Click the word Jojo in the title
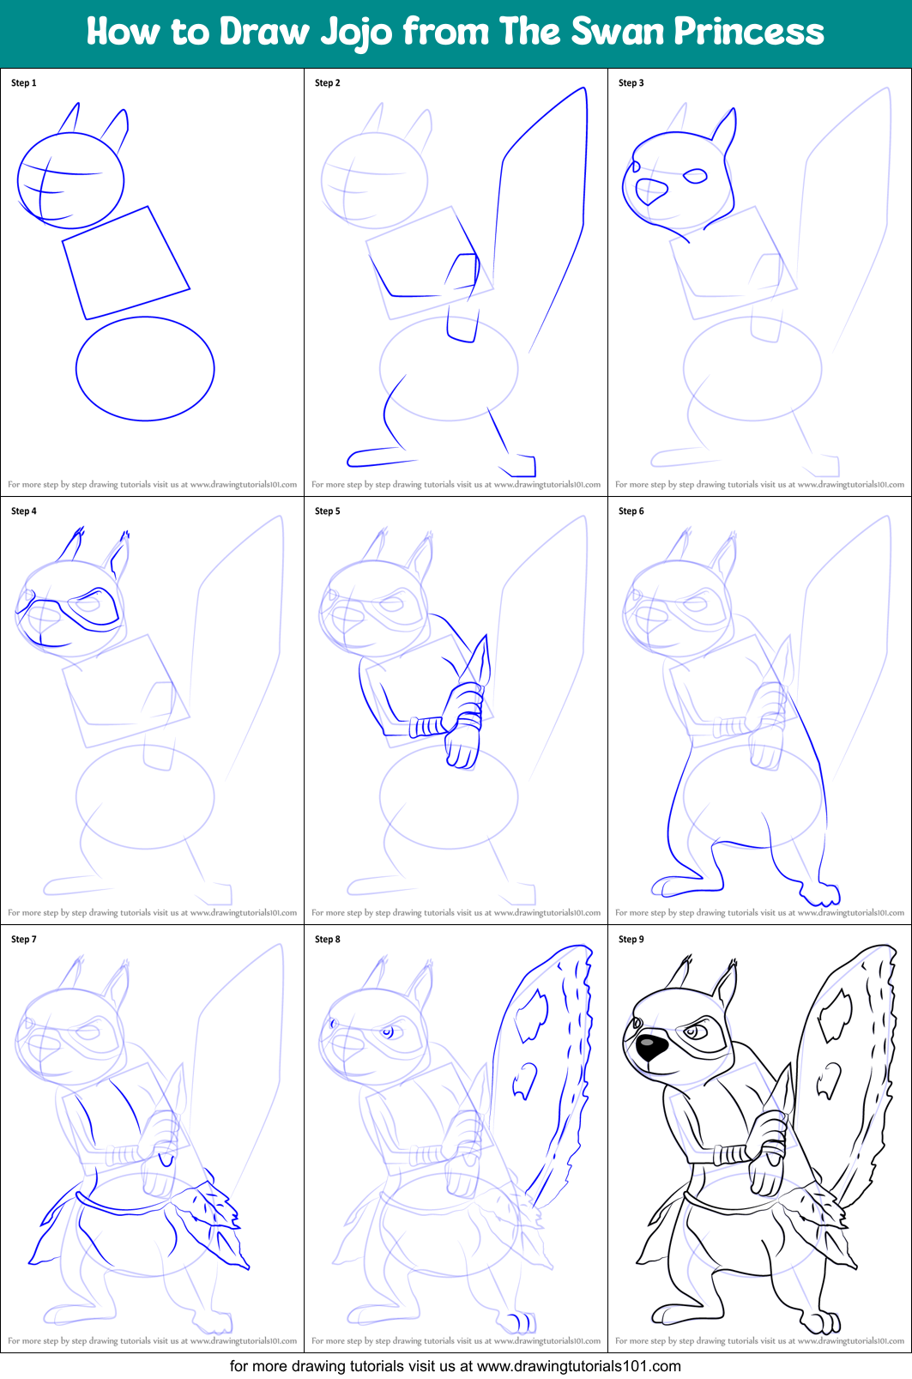pyautogui.click(x=357, y=32)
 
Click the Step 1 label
pyautogui.click(x=24, y=83)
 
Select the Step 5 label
pyautogui.click(x=328, y=511)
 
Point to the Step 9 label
pyautogui.click(x=631, y=940)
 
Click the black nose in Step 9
pyautogui.click(x=650, y=1047)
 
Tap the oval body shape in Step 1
pyautogui.click(x=145, y=369)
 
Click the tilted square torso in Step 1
pyautogui.click(x=126, y=263)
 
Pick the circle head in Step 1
pyautogui.click(x=70, y=180)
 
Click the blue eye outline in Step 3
pyautogui.click(x=695, y=177)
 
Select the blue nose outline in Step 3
pyautogui.click(x=650, y=191)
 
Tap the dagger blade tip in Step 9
pyautogui.click(x=790, y=1068)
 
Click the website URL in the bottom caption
pyautogui.click(x=578, y=1366)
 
